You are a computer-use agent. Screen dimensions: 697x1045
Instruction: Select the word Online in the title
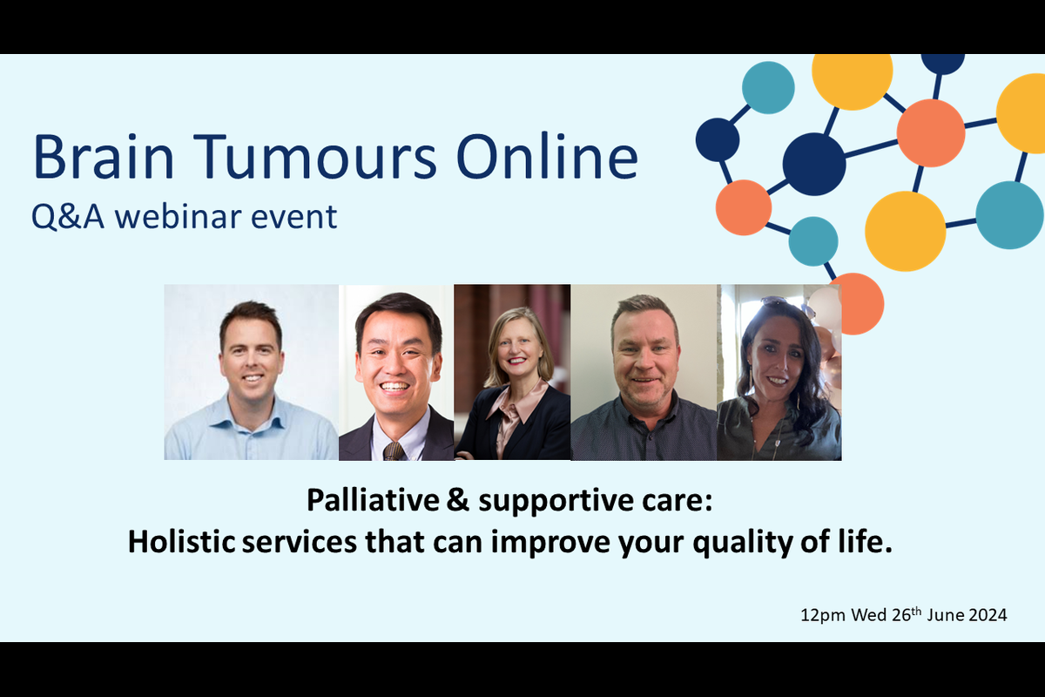pos(548,157)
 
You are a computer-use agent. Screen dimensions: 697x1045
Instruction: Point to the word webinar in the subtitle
pos(177,217)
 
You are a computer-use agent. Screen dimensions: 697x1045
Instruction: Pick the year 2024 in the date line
pos(988,615)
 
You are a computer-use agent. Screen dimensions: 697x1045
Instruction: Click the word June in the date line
pos(944,615)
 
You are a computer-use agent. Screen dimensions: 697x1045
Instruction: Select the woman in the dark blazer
pos(514,383)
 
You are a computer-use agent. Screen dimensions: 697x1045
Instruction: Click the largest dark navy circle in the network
pos(814,164)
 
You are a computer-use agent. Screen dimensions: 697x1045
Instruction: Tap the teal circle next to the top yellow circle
pos(768,87)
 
